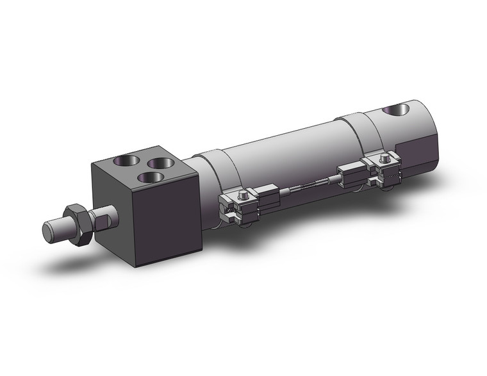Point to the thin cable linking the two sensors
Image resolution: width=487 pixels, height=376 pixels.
click(x=308, y=185)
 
